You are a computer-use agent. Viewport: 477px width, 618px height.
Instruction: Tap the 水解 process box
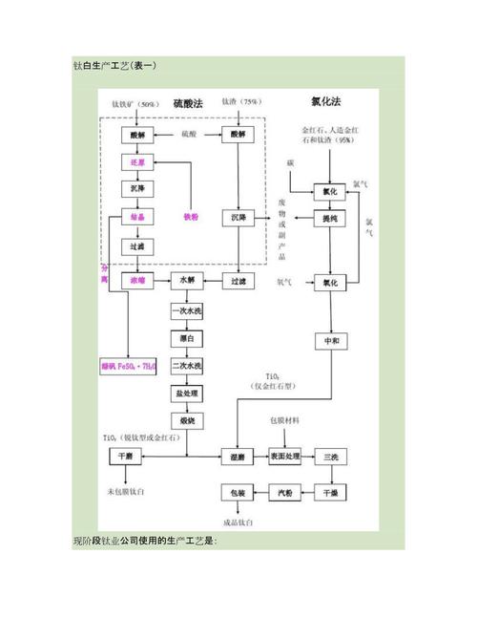click(186, 282)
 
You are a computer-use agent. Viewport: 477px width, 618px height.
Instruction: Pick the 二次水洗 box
click(186, 366)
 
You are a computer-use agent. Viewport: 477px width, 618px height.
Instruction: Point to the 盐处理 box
click(186, 394)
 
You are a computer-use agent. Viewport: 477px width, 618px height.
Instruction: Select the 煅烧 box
click(186, 421)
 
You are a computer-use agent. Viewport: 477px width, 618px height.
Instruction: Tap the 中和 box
click(331, 342)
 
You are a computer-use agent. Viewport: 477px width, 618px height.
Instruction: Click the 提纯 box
click(331, 219)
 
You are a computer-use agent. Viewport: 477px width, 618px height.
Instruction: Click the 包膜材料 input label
click(286, 420)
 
